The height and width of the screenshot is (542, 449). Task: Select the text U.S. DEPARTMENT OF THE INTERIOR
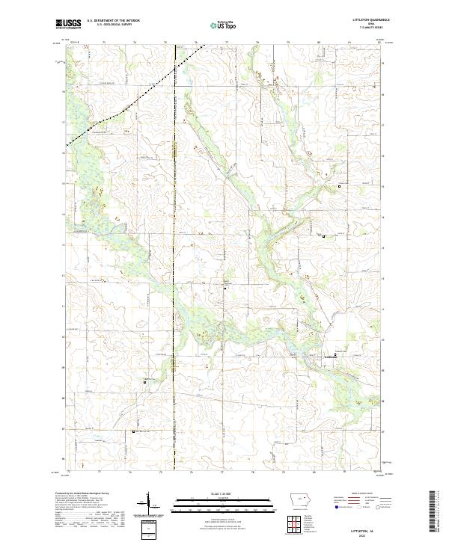113,21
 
